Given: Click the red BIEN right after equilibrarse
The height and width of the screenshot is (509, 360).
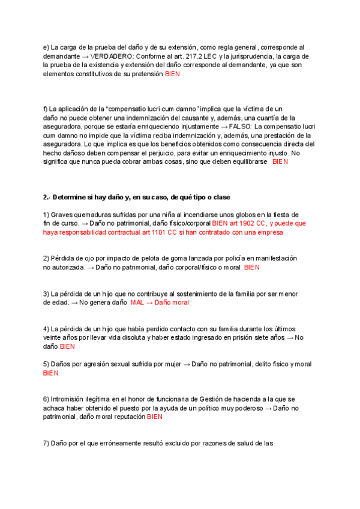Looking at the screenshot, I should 280,162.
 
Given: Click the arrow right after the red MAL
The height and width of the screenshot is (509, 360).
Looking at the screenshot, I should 149,303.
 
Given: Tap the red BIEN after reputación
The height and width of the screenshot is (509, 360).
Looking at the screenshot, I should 155,417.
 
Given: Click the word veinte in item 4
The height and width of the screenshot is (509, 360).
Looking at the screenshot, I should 53,338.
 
